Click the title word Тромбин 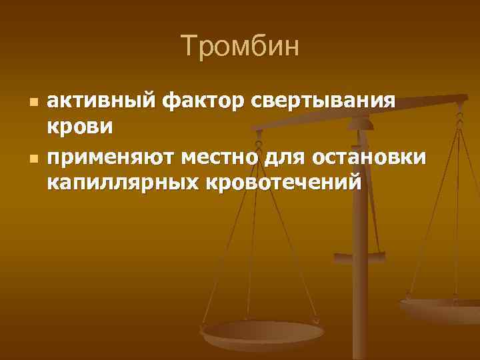click(240, 47)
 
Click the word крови click(79, 125)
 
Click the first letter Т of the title click(188, 47)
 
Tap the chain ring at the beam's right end click(459, 100)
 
